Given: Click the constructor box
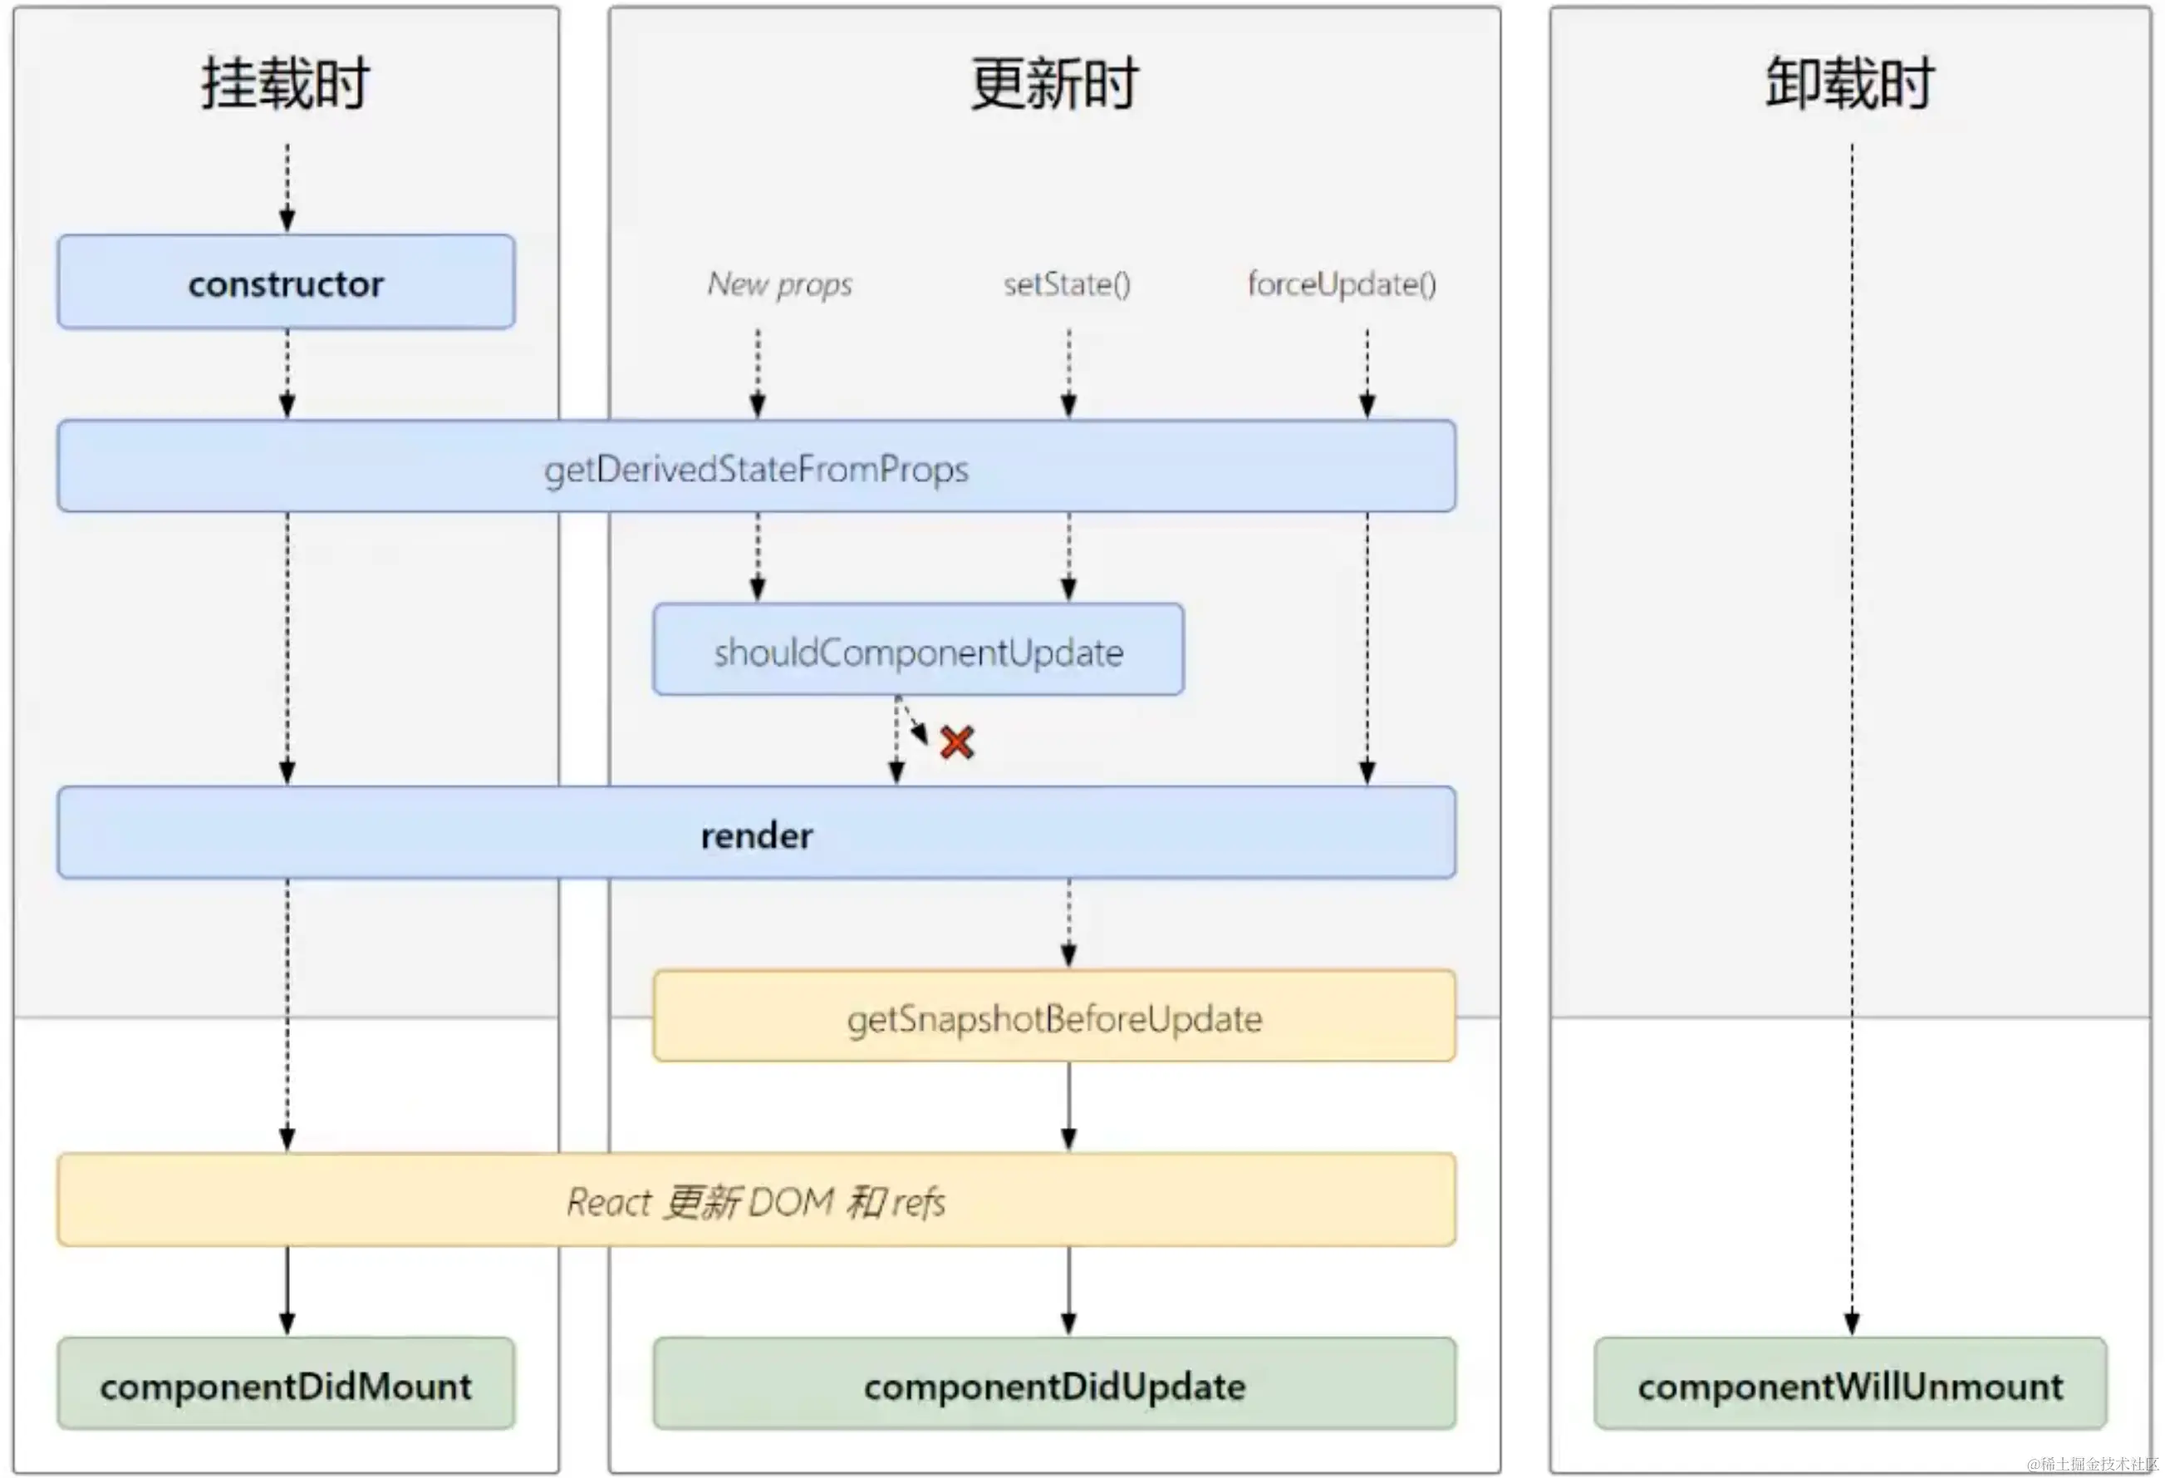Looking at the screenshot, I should pyautogui.click(x=286, y=283).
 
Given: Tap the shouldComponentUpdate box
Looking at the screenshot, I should pyautogui.click(x=919, y=650).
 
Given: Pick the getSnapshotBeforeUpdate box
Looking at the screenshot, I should pyautogui.click(x=1053, y=1017).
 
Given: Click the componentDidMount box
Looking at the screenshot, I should pyautogui.click(x=286, y=1385).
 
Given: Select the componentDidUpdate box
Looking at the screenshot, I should pyautogui.click(x=1053, y=1385).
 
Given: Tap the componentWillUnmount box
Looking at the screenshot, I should pyautogui.click(x=1850, y=1385).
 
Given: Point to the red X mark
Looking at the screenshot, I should pyautogui.click(x=957, y=742).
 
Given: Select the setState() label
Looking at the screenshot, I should pyautogui.click(x=1067, y=284).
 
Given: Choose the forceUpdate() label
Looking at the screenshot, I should pyautogui.click(x=1342, y=284).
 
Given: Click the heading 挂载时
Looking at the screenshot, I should pyautogui.click(x=286, y=84).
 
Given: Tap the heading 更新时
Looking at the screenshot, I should pyautogui.click(x=1053, y=84).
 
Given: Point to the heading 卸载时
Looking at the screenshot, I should pyautogui.click(x=1850, y=84).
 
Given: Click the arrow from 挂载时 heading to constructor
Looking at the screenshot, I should pyautogui.click(x=287, y=186).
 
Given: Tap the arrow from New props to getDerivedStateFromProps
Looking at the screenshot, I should pyautogui.click(x=758, y=372).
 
